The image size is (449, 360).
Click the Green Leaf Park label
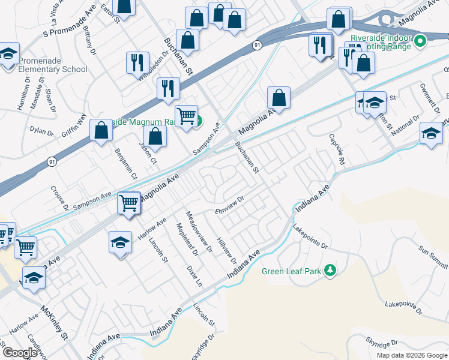coord(291,271)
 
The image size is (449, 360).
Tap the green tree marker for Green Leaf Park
coord(329,271)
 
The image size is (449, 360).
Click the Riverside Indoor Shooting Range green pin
coord(420,41)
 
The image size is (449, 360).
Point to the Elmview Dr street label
coord(230,206)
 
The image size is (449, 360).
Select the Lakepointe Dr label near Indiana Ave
coord(312,237)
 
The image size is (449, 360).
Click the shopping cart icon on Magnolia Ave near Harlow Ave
coord(129,203)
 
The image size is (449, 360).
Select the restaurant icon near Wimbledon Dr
coord(137,62)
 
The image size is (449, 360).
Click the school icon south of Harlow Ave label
coord(120,243)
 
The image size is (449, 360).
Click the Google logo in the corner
coord(20,353)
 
